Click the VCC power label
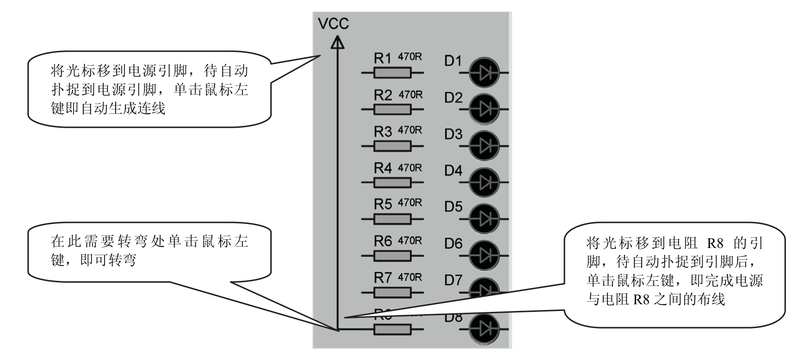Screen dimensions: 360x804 click(333, 24)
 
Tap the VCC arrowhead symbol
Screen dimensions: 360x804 click(338, 43)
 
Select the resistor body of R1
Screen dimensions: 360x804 click(392, 73)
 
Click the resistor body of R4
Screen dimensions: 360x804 click(392, 182)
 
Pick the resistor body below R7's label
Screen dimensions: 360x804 click(392, 292)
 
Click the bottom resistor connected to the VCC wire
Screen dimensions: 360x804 click(392, 329)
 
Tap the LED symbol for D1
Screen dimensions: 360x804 click(484, 73)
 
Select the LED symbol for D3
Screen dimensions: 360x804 click(484, 146)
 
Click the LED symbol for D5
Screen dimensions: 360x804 click(484, 218)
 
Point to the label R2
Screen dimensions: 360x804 click(383, 95)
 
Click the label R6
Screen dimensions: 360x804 click(383, 241)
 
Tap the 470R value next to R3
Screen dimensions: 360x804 click(410, 130)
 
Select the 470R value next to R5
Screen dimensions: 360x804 click(410, 203)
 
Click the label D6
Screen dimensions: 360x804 click(453, 243)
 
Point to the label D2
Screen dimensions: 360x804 click(453, 98)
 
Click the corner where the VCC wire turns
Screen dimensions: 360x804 click(338, 329)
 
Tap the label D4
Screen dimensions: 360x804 click(453, 171)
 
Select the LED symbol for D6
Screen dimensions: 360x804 click(484, 255)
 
